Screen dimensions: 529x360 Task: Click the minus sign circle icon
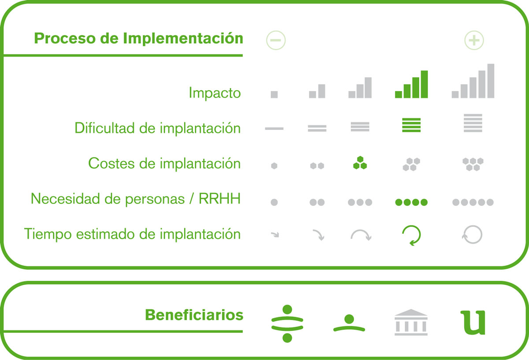(276, 40)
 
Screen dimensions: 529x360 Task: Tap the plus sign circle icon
(474, 40)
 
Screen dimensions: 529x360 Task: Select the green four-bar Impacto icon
(411, 84)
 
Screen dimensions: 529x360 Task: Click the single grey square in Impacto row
(274, 94)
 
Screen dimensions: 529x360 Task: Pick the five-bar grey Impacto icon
(473, 81)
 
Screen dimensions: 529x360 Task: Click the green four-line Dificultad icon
(411, 125)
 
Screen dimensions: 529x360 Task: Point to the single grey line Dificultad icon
(274, 128)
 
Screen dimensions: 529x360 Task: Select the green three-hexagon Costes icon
(360, 163)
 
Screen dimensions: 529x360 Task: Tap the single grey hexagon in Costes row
(274, 166)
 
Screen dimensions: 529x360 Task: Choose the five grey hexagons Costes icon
(473, 164)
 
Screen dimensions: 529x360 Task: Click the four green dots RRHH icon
(411, 202)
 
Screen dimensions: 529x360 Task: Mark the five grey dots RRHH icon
(473, 202)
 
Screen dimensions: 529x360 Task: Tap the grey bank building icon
(411, 322)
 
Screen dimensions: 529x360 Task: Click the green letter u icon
(473, 322)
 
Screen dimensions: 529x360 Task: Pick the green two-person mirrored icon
(287, 323)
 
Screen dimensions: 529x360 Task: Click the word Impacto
(215, 93)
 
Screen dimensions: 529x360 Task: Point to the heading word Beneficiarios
(194, 315)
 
